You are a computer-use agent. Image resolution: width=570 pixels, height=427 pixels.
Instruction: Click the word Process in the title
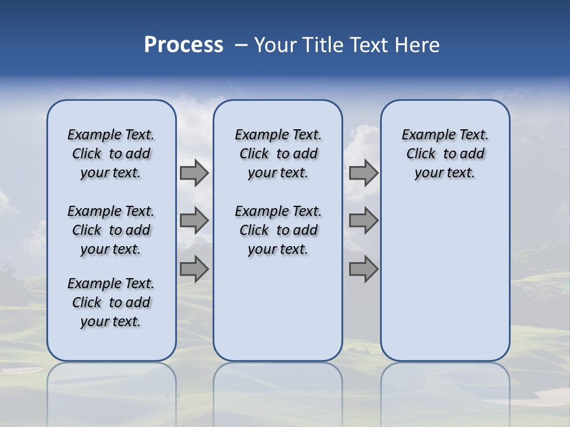pyautogui.click(x=183, y=44)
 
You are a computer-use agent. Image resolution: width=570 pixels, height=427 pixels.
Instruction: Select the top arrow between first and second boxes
pyautogui.click(x=194, y=173)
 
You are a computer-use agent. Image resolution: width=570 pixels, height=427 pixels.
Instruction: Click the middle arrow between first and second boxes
pyautogui.click(x=194, y=221)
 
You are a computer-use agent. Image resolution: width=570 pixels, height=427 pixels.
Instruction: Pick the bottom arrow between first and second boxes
pyautogui.click(x=194, y=269)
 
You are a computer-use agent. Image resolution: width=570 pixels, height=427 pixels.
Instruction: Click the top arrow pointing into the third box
pyautogui.click(x=363, y=173)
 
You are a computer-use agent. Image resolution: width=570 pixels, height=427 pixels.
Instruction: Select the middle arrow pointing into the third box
pyautogui.click(x=363, y=221)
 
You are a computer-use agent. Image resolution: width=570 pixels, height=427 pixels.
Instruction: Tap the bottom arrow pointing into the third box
pyautogui.click(x=363, y=269)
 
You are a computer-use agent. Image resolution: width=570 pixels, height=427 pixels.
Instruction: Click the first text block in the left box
pyautogui.click(x=111, y=154)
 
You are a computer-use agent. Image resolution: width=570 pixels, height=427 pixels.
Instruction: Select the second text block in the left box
pyautogui.click(x=111, y=230)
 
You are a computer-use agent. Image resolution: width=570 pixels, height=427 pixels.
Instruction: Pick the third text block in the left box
pyautogui.click(x=111, y=302)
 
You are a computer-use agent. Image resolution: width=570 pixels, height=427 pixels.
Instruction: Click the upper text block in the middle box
pyautogui.click(x=278, y=154)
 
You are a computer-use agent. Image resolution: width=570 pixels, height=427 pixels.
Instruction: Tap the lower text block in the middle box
pyautogui.click(x=278, y=230)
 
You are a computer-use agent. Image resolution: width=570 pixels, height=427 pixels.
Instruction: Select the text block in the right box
pyautogui.click(x=445, y=154)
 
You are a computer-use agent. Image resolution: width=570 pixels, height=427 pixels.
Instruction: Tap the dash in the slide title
pyautogui.click(x=241, y=45)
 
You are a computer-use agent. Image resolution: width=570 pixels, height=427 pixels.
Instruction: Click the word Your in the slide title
pyautogui.click(x=276, y=45)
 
